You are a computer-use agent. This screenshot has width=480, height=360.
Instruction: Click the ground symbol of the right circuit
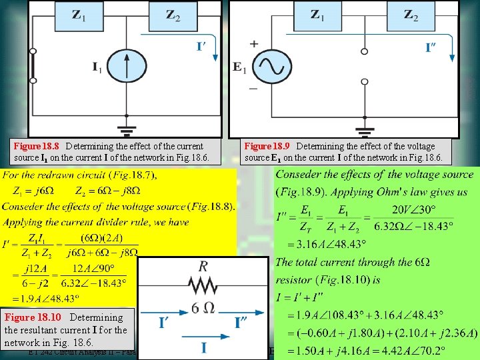tap(363, 131)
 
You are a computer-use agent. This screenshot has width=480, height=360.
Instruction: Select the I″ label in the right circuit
tap(436, 47)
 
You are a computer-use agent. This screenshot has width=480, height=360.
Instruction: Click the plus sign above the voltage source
tap(253, 43)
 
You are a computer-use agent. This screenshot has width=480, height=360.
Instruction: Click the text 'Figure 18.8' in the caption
tap(37, 146)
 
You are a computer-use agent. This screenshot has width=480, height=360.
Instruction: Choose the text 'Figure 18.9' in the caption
tap(267, 146)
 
